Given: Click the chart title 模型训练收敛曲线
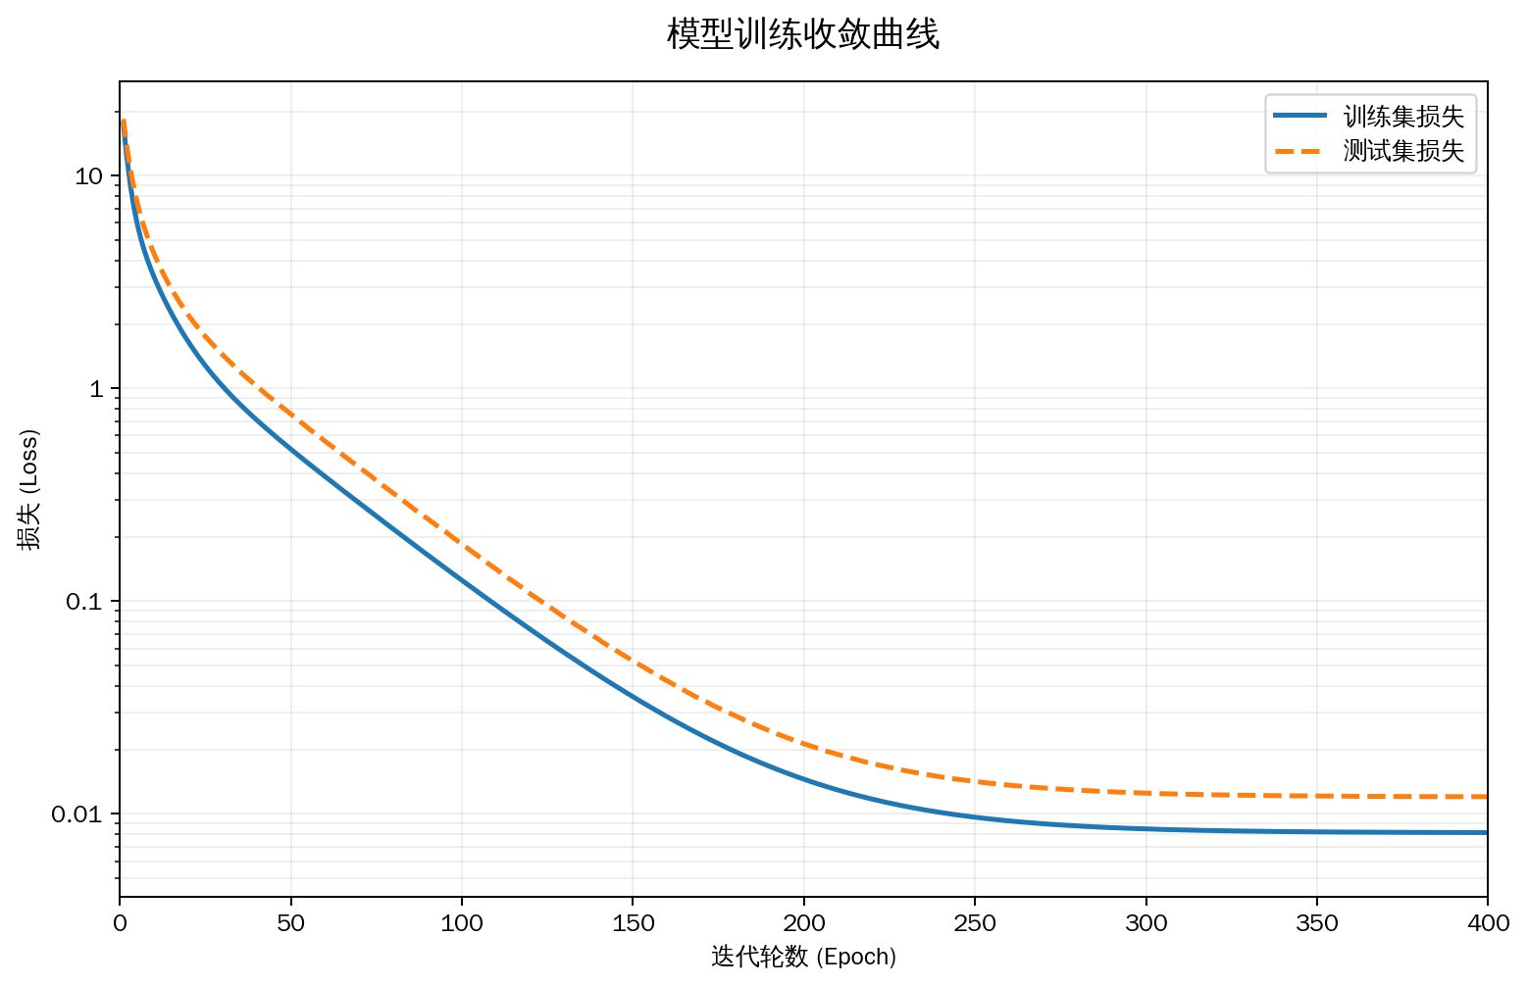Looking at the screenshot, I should (x=802, y=34).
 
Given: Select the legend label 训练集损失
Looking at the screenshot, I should (x=1403, y=117).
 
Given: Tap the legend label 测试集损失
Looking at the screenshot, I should (x=1403, y=151).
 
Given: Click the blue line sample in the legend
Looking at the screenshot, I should (x=1299, y=117).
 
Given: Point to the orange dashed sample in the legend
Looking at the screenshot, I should (x=1299, y=151).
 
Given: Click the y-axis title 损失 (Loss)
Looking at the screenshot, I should (x=28, y=489).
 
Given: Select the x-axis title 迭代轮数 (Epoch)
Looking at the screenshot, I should (x=803, y=958).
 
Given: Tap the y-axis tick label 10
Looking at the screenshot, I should (x=88, y=176).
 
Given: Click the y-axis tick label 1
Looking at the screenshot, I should (x=96, y=389).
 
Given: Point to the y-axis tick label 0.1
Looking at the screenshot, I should (x=84, y=602).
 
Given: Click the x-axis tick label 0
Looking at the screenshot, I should (x=120, y=923).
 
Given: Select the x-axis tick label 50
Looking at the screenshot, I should (x=290, y=923).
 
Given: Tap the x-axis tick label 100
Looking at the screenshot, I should (x=462, y=923).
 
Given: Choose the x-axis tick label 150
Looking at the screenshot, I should (x=633, y=923).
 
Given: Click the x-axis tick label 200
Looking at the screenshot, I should (x=804, y=923).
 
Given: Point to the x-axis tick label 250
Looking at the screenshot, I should (x=975, y=923).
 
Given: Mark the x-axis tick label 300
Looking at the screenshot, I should (x=1145, y=923).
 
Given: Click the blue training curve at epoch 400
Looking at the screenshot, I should (x=1486, y=832).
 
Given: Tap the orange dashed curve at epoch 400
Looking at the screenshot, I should (x=1486, y=796).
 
